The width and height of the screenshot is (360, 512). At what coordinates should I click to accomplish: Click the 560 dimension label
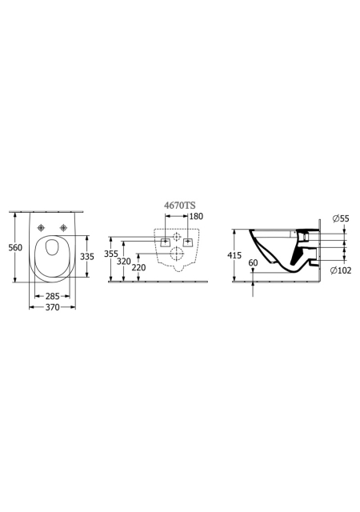tap(15, 247)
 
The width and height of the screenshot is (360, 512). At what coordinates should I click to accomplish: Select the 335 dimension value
tap(87, 257)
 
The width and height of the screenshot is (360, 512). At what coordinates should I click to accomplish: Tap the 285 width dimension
tap(52, 296)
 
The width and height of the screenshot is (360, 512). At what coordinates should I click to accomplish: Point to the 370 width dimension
tap(52, 307)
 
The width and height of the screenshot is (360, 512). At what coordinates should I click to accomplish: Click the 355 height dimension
tap(111, 254)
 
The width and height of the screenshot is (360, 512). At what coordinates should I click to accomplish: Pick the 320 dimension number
tap(124, 262)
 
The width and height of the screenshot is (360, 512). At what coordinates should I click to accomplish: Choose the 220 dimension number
tap(139, 267)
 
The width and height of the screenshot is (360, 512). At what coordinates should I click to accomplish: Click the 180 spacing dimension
tap(196, 216)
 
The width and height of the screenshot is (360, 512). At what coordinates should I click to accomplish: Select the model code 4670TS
tap(179, 206)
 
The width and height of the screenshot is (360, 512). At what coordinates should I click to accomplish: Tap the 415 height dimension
tap(234, 255)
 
